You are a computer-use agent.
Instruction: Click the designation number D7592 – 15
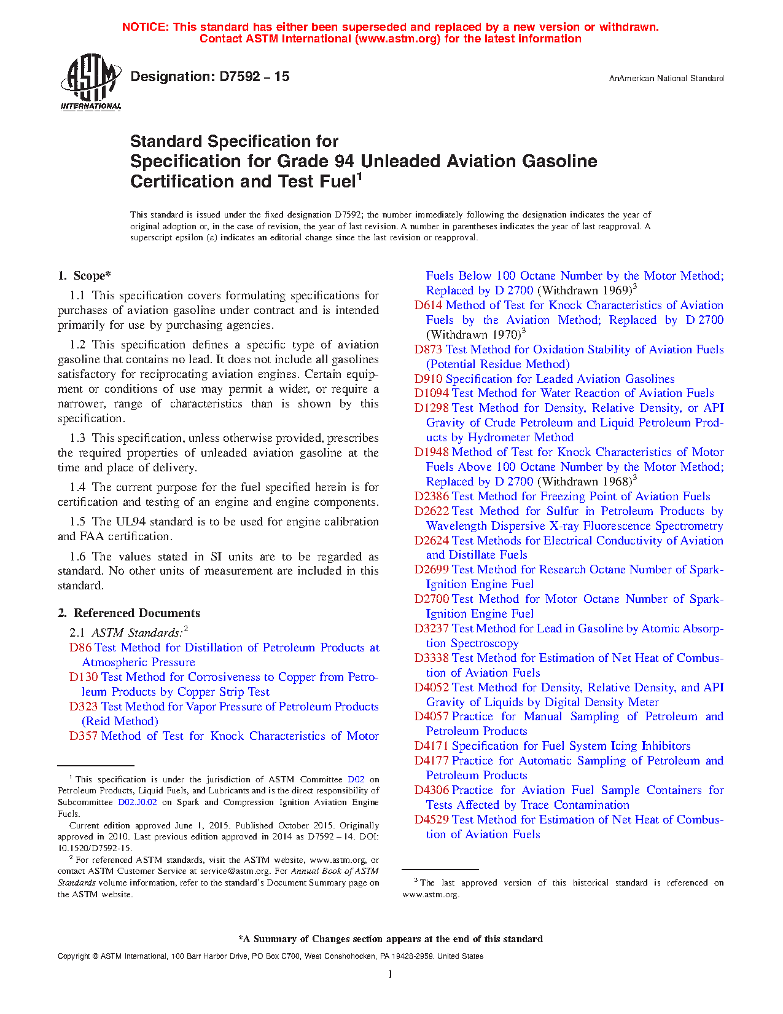pyautogui.click(x=210, y=77)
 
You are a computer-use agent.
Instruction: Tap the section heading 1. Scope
pyautogui.click(x=85, y=276)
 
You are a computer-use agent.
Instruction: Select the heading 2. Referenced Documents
pyautogui.click(x=128, y=613)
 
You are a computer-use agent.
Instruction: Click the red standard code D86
pyautogui.click(x=80, y=648)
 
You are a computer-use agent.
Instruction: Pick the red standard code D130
pyautogui.click(x=84, y=677)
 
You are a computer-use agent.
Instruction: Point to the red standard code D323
pyautogui.click(x=84, y=707)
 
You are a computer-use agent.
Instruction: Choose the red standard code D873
pyautogui.click(x=428, y=350)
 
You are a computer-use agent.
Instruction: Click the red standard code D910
pyautogui.click(x=428, y=379)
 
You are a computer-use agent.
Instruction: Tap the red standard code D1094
pyautogui.click(x=431, y=393)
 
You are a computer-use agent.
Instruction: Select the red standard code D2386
pyautogui.click(x=431, y=497)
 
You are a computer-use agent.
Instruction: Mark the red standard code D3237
pyautogui.click(x=431, y=629)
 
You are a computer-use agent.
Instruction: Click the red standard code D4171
pyautogui.click(x=431, y=746)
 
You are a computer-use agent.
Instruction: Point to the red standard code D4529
pyautogui.click(x=431, y=820)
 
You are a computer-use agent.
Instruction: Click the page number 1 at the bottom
pyautogui.click(x=391, y=974)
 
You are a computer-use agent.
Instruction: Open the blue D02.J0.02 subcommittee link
pyautogui.click(x=138, y=802)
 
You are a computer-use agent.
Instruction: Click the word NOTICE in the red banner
pyautogui.click(x=145, y=27)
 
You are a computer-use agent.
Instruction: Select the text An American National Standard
pyautogui.click(x=666, y=79)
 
